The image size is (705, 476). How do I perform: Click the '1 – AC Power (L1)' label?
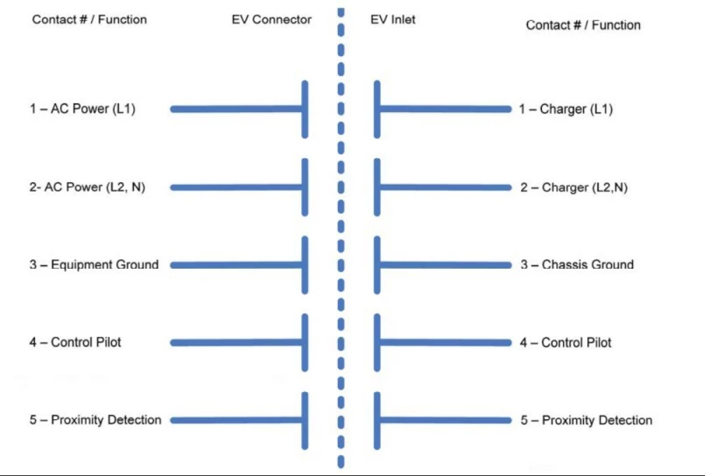pyautogui.click(x=83, y=108)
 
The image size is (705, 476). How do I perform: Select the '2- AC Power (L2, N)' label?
pyautogui.click(x=88, y=187)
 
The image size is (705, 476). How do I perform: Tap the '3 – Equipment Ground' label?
pyautogui.click(x=94, y=265)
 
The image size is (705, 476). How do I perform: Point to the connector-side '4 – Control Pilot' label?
pyautogui.click(x=75, y=342)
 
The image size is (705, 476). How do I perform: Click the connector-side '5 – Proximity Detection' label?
pyautogui.click(x=95, y=420)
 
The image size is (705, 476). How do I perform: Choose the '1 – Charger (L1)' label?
pyautogui.click(x=566, y=109)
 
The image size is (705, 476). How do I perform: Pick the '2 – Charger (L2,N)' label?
pyautogui.click(x=573, y=188)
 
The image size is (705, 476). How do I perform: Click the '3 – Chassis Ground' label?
pyautogui.click(x=578, y=265)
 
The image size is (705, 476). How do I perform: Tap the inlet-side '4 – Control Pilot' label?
pyautogui.click(x=566, y=342)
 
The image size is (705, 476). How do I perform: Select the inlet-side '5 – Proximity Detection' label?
pyautogui.click(x=586, y=420)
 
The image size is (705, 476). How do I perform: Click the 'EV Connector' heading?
pyautogui.click(x=272, y=20)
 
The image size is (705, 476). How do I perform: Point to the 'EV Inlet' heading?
pyautogui.click(x=393, y=20)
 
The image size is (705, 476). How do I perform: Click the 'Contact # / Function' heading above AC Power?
pyautogui.click(x=90, y=20)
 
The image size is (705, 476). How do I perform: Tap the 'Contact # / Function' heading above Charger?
pyautogui.click(x=583, y=24)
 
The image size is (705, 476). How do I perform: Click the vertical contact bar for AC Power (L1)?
pyautogui.click(x=305, y=109)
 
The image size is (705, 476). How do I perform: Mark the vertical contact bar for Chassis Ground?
pyautogui.click(x=377, y=265)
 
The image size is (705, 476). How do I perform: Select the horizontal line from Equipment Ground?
pyautogui.click(x=236, y=265)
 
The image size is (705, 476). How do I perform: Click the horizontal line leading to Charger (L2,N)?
pyautogui.click(x=446, y=188)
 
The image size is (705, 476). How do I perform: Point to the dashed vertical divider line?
pyautogui.click(x=341, y=238)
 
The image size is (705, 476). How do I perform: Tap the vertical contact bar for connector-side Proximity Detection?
pyautogui.click(x=305, y=421)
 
